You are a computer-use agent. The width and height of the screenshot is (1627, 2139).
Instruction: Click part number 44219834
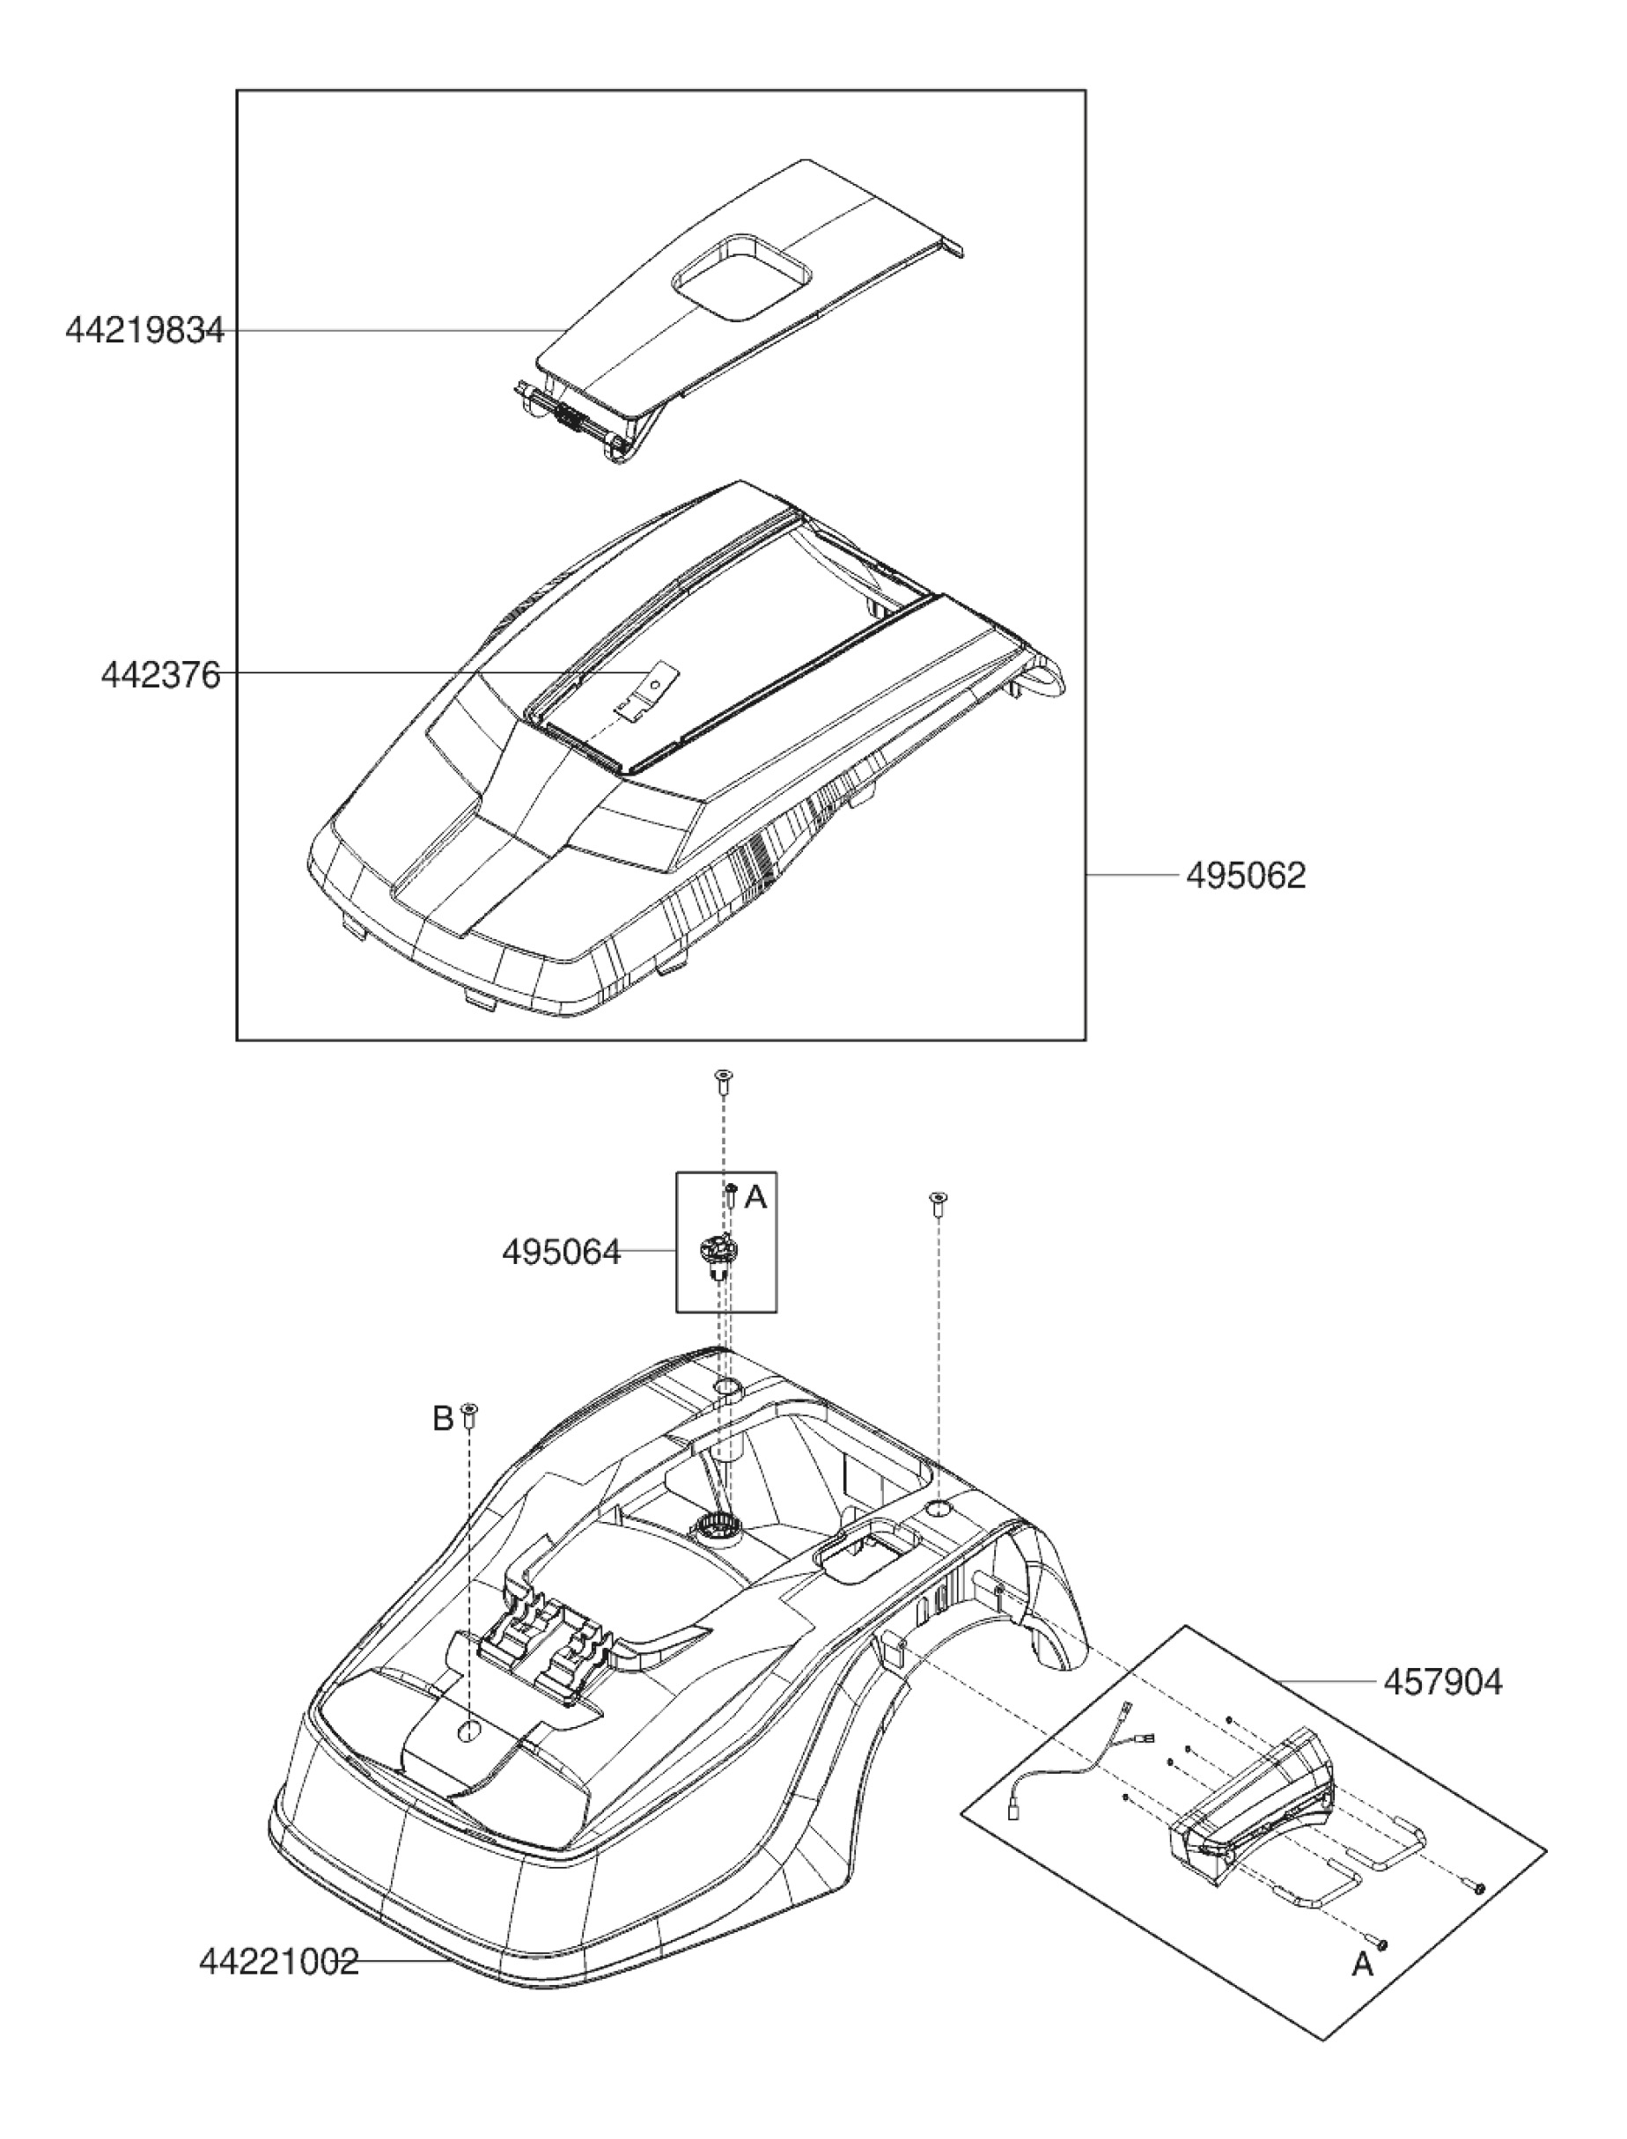[144, 331]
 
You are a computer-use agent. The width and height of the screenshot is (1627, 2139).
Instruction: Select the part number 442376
[161, 675]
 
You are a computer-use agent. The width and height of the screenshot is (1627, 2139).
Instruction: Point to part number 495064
[561, 1252]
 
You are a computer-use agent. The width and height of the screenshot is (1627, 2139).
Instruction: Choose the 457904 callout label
[1442, 1682]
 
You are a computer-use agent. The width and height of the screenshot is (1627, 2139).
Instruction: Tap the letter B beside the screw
[442, 1420]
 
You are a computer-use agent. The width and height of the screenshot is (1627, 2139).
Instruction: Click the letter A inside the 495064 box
[756, 1198]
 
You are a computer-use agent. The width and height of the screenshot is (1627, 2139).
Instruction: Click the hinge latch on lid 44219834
[571, 418]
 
